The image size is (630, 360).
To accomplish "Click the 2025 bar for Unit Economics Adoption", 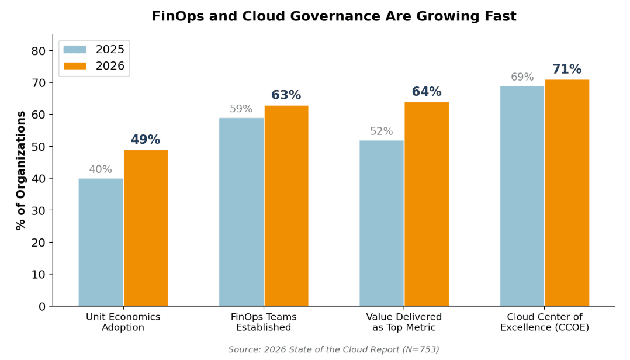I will (x=101, y=242).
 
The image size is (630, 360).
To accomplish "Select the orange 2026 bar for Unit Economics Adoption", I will (x=146, y=228).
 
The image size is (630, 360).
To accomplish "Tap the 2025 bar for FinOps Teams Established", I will (x=241, y=212).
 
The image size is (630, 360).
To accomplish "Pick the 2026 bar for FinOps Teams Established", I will (x=286, y=206).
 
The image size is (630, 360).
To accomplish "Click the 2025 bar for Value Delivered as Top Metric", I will (x=381, y=223).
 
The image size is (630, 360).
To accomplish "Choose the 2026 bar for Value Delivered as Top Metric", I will (x=427, y=204).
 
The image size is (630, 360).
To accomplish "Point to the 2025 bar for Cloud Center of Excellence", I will (x=522, y=196).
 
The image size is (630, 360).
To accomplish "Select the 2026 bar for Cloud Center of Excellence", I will (x=567, y=193).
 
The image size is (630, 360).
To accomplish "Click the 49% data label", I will (x=146, y=140).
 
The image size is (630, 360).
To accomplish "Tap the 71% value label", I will (x=567, y=70).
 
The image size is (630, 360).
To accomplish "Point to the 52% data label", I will (x=381, y=131).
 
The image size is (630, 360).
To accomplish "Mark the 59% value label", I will (x=241, y=109).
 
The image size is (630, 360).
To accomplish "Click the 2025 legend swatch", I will (x=75, y=50).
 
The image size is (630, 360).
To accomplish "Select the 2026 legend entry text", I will (x=110, y=66).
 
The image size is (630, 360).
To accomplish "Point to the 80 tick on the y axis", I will (x=38, y=51).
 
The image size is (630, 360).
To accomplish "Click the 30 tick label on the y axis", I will (x=38, y=210).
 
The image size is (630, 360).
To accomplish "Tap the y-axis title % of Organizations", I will (x=21, y=170).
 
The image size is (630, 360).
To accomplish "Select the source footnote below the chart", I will (x=333, y=349).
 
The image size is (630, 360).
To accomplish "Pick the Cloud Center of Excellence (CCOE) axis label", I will (x=544, y=322).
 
